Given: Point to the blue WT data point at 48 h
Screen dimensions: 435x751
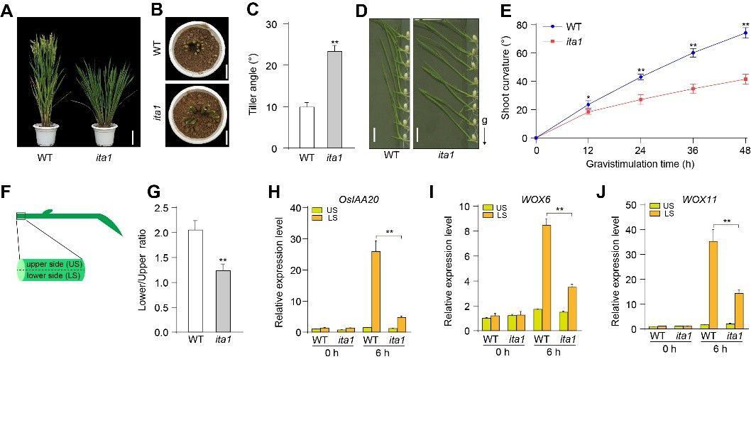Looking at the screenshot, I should click(x=745, y=33).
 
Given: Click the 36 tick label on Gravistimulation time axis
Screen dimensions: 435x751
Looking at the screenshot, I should click(x=693, y=150).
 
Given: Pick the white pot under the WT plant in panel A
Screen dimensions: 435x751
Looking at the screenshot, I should click(x=46, y=133).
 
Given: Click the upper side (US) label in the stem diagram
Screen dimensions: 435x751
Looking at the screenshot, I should click(x=50, y=264).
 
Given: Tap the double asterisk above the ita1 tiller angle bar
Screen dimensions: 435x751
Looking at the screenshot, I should click(x=334, y=43).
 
